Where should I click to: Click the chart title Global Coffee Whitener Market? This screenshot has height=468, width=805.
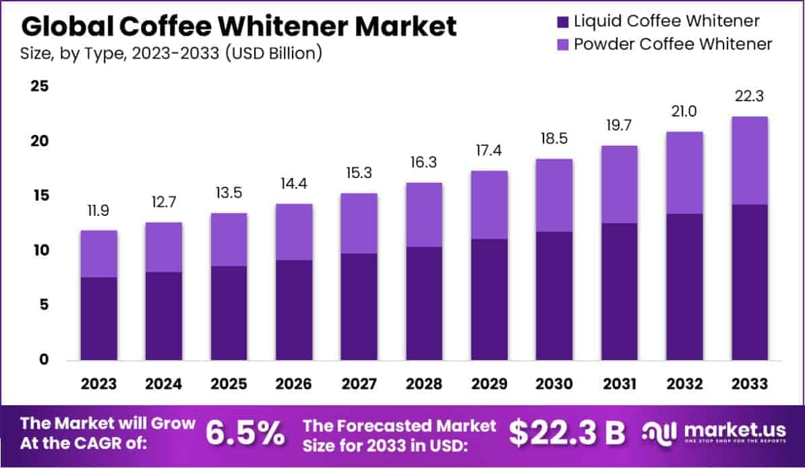[x=239, y=26]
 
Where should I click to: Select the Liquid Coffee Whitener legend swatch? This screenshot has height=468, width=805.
[x=563, y=21]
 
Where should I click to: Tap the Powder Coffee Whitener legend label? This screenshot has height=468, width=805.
[x=673, y=45]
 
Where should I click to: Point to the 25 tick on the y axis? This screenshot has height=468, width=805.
[x=38, y=86]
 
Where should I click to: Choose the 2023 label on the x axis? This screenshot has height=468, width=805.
[x=98, y=384]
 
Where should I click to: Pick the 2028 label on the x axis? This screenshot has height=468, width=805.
[x=424, y=384]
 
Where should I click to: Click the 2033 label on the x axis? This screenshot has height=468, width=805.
[x=750, y=384]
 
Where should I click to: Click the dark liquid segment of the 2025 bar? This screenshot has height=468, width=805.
[x=229, y=313]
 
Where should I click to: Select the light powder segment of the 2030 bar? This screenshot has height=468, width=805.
[x=554, y=196]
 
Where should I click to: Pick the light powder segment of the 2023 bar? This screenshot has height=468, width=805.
[x=98, y=254]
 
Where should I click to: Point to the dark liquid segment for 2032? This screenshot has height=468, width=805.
[x=684, y=287]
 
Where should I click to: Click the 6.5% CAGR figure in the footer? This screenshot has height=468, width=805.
[x=245, y=434]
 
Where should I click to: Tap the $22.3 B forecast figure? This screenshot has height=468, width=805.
[x=566, y=434]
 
